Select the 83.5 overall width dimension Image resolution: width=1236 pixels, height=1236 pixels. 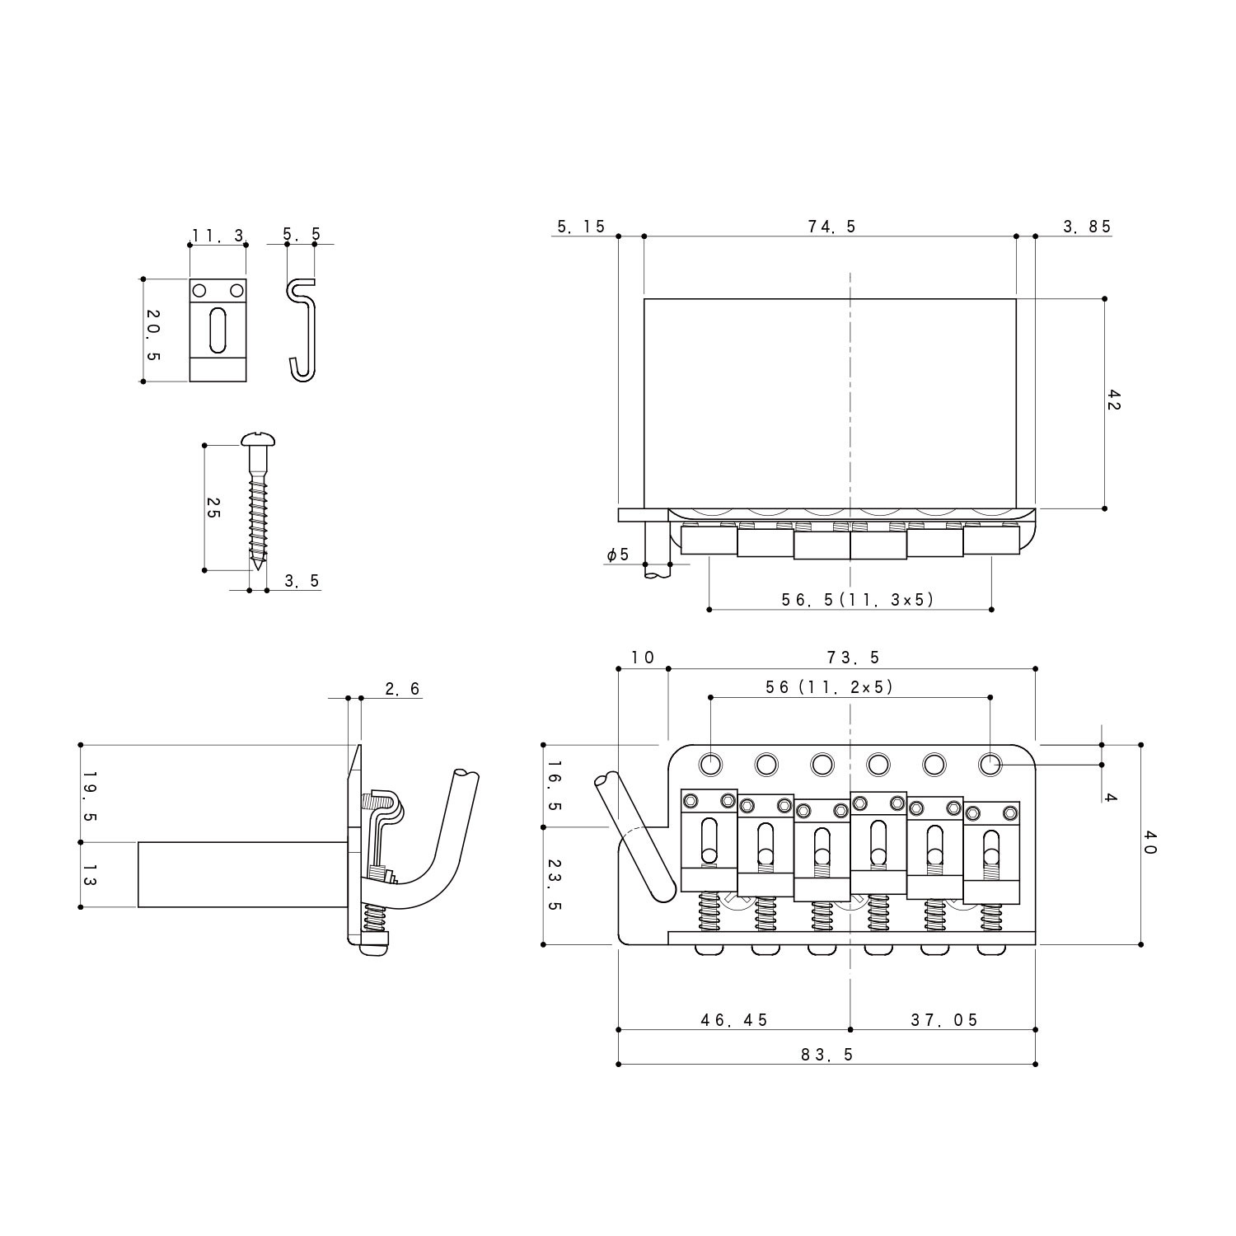[826, 1054]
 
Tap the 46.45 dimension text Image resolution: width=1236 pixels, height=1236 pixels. [733, 1020]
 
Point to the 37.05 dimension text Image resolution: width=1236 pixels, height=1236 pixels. [943, 1020]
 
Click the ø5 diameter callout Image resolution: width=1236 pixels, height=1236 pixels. [617, 555]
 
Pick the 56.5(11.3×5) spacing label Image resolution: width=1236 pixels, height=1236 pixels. [858, 600]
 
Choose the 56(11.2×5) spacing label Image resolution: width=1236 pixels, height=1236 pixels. [828, 686]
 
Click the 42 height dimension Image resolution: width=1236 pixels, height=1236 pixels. [1114, 401]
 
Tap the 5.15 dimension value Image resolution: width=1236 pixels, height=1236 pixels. [581, 227]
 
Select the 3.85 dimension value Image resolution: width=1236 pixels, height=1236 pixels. [1087, 227]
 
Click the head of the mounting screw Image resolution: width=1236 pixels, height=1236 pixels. [259, 442]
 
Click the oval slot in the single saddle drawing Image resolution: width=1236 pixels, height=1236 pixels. [218, 330]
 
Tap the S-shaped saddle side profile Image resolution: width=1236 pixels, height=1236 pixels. [302, 330]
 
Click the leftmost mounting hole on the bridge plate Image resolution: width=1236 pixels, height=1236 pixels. [709, 764]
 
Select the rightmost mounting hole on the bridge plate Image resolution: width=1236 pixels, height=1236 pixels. [990, 765]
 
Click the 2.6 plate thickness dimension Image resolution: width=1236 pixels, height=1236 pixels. [402, 689]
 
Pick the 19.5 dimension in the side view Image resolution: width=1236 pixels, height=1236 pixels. [90, 796]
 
